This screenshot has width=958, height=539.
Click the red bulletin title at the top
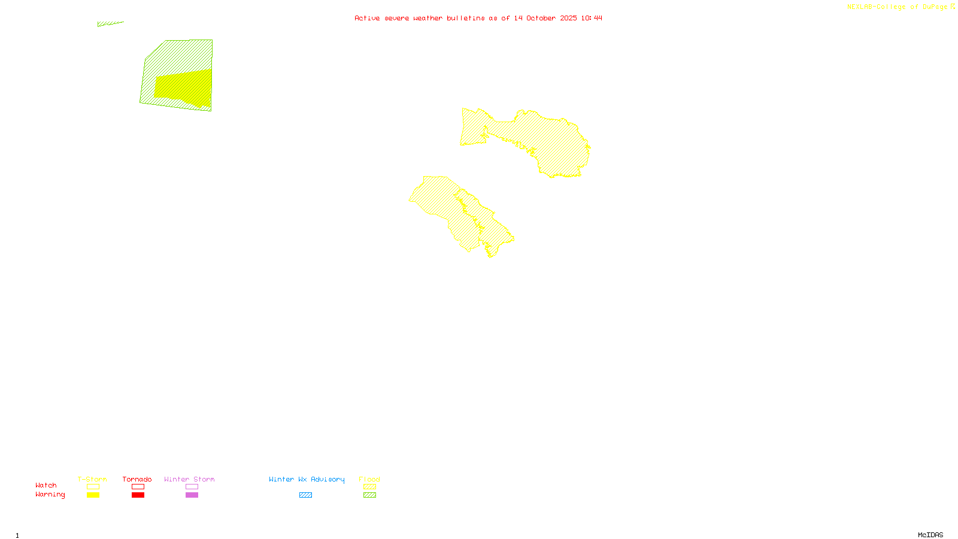click(x=478, y=18)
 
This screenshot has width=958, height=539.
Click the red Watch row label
click(x=46, y=485)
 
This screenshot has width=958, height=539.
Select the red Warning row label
click(x=50, y=495)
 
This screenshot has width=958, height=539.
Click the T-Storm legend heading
click(x=92, y=479)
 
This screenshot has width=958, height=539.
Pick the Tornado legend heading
click(x=137, y=479)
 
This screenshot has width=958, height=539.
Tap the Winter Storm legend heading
click(x=189, y=479)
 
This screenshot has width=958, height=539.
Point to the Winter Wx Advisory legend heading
click(x=307, y=479)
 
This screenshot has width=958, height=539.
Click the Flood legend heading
click(x=369, y=479)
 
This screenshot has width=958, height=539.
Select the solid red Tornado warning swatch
click(x=138, y=495)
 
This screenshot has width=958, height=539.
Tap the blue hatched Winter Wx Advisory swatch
click(x=305, y=495)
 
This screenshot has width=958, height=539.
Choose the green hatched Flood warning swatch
click(x=369, y=495)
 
